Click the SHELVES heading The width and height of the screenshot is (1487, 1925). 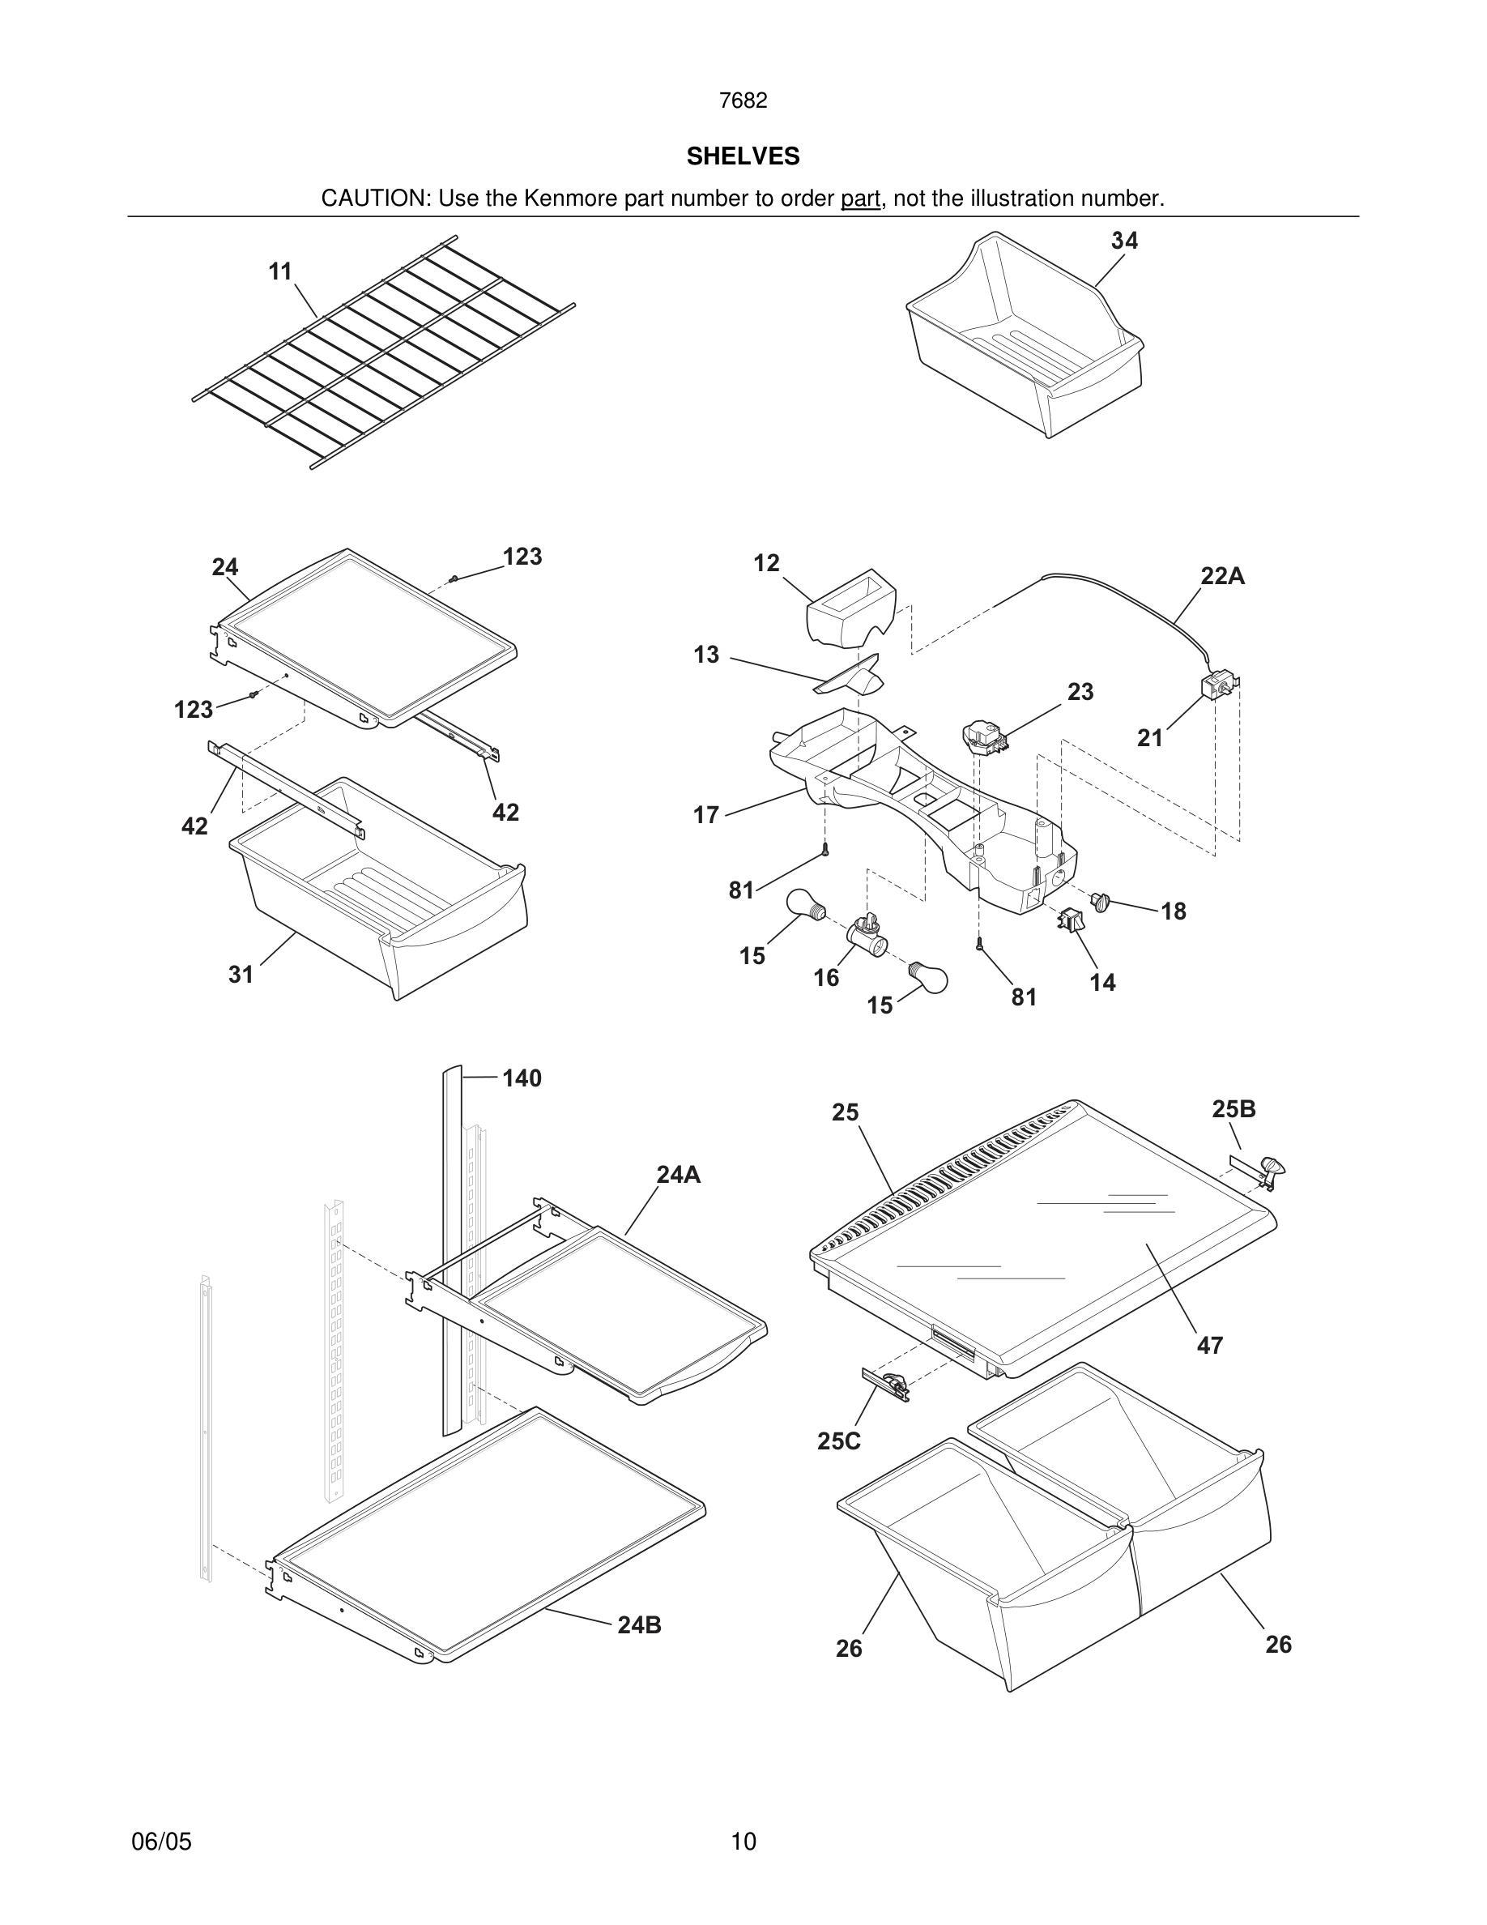[743, 156]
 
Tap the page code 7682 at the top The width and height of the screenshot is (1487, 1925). [743, 100]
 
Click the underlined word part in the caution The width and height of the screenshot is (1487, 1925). [860, 198]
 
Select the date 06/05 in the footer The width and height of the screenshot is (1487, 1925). [161, 1842]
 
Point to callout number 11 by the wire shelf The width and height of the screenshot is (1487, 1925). [280, 271]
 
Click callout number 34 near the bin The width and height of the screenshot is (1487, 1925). [1124, 241]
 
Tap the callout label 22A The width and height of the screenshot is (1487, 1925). [1223, 576]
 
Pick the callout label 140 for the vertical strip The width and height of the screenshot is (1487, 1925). [522, 1078]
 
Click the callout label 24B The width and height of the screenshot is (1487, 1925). [639, 1624]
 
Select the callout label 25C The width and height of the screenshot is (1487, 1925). [838, 1441]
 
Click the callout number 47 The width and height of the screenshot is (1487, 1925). [1209, 1345]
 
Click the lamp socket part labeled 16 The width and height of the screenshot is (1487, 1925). [865, 935]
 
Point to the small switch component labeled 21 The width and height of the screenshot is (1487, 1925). [1218, 685]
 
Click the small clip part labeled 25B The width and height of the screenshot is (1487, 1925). [1268, 1171]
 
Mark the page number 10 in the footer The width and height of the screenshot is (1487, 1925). [743, 1842]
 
